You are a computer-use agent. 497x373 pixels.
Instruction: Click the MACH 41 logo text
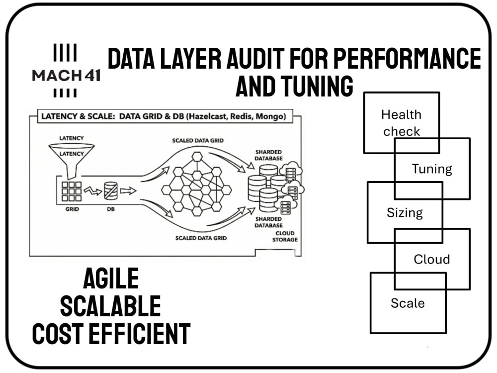[66, 76]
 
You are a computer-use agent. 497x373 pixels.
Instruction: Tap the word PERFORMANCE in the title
[408, 58]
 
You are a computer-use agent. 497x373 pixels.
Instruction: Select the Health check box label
[401, 123]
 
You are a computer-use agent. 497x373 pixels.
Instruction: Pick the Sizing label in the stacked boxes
[405, 212]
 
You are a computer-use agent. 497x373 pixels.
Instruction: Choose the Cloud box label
[432, 259]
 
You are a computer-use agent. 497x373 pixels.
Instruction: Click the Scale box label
[408, 303]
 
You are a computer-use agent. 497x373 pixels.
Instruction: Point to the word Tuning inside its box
[432, 169]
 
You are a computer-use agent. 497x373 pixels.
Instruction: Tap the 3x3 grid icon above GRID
[72, 191]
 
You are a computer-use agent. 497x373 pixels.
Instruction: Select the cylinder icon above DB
[111, 190]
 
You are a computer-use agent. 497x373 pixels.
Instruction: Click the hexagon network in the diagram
[196, 184]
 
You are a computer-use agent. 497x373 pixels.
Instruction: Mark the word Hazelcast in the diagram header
[208, 116]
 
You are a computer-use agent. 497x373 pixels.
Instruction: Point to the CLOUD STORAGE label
[285, 236]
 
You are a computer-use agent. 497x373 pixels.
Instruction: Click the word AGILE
[111, 278]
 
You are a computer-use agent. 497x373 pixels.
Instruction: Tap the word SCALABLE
[111, 306]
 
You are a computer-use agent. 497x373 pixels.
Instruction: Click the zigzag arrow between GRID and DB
[92, 191]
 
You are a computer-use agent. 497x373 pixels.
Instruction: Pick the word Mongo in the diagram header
[269, 116]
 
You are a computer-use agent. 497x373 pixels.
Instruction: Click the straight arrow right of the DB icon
[128, 190]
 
